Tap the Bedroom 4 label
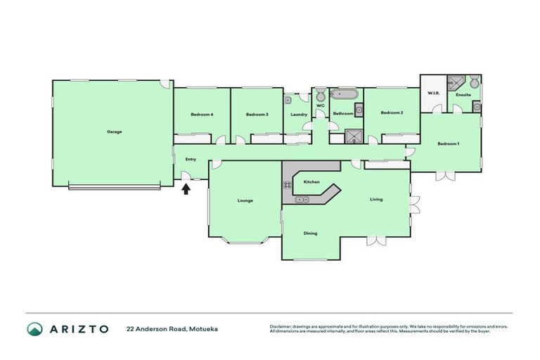tap(202, 115)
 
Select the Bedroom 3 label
tap(257, 115)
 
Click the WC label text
tap(321, 106)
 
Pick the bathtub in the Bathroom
tap(345, 94)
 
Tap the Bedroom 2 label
tap(392, 112)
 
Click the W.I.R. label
tap(433, 94)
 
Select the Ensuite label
tap(463, 94)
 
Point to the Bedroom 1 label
tap(448, 144)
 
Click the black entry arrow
tap(186, 188)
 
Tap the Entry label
tap(191, 159)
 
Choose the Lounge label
tap(245, 200)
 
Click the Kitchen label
tap(311, 182)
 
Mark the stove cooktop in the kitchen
tap(288, 185)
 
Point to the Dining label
tap(310, 233)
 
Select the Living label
tap(377, 200)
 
